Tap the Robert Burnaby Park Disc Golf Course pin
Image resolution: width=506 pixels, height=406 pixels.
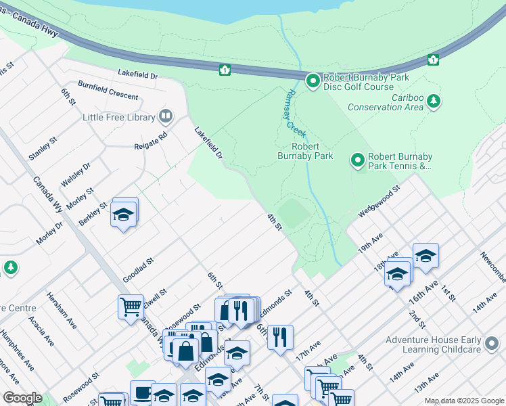tap(313, 82)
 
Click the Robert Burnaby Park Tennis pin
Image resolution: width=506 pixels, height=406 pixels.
tap(358, 160)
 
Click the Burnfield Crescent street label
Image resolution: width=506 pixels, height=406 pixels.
tap(108, 91)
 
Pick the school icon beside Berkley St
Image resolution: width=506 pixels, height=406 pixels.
tap(124, 214)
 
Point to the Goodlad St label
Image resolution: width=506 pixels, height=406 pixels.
tap(139, 269)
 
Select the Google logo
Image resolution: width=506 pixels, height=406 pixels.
tap(22, 398)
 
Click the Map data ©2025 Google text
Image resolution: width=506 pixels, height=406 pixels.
tap(463, 401)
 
